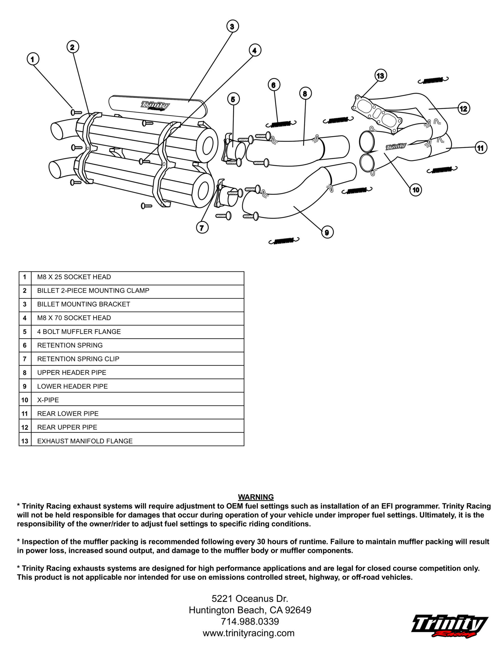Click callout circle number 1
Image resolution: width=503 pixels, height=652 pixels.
pos(33,59)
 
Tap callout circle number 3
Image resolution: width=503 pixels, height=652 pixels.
pos(232,26)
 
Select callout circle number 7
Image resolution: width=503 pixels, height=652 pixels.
pos(202,228)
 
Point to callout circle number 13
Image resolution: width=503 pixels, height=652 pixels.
pos(380,76)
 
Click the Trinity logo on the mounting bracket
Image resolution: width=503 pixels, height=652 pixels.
pos(155,105)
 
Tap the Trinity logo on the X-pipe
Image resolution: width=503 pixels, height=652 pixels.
pos(396,146)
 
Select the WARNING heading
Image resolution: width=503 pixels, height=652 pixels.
pos(256,497)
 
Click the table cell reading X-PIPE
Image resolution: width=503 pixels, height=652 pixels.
pos(48,400)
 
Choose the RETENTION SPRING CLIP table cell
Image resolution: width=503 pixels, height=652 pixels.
pos(78,359)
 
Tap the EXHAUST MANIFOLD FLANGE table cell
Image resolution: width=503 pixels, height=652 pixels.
pos(85,441)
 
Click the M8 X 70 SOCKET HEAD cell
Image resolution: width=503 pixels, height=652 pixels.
pos(74,318)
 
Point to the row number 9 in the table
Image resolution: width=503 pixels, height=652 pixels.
pos(25,386)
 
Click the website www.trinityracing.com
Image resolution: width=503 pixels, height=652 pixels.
pos(248,633)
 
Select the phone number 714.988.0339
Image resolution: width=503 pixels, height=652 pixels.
pos(250,621)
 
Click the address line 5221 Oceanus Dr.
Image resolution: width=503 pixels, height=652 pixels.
pos(250,599)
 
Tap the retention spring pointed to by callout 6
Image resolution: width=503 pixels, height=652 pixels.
pos(281,123)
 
